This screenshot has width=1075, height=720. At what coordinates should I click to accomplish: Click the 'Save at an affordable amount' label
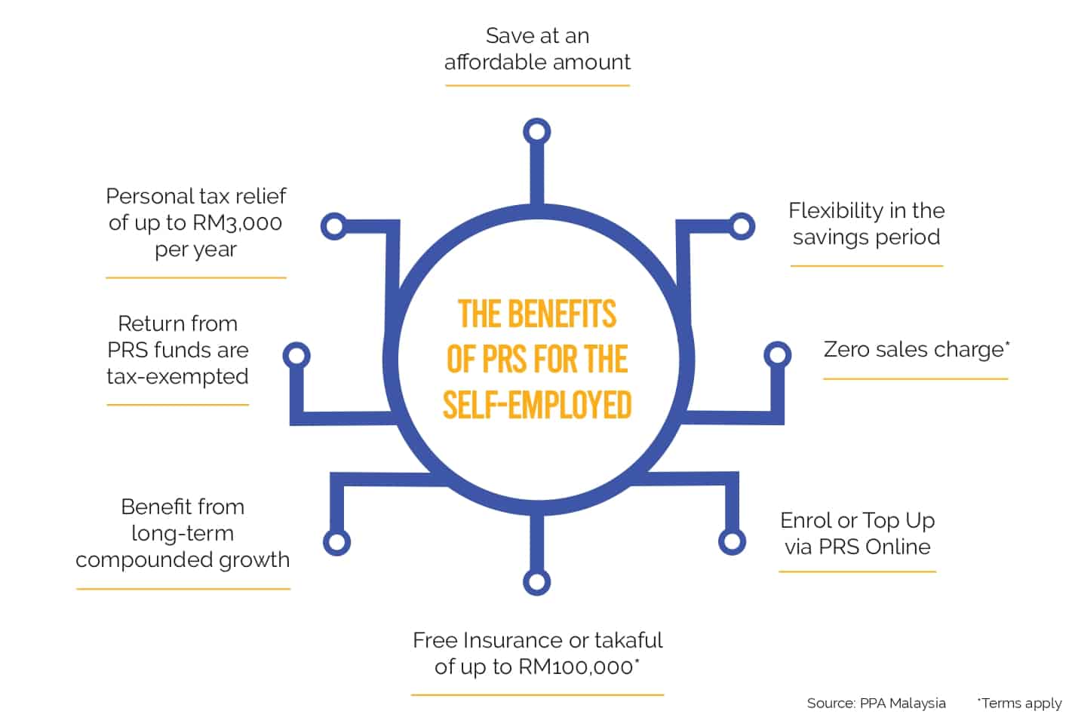coord(537,49)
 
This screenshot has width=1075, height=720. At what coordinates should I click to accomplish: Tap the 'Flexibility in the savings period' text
coord(866,224)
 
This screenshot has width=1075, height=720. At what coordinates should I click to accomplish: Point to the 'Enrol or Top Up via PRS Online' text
coord(857,534)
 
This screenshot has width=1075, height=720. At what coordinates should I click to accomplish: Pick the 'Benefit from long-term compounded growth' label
coord(183,533)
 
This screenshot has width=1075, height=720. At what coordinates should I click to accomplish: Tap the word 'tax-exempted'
coord(177,377)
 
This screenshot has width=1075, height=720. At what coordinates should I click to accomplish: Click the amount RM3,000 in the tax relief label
coord(237,223)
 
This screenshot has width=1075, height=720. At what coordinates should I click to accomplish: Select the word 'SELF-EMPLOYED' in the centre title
coord(537,405)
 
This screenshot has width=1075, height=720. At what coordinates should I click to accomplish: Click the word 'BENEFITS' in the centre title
coord(562,314)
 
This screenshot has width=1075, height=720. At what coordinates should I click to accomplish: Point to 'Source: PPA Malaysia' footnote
coord(876,703)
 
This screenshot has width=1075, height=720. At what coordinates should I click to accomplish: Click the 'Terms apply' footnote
coord(1021,703)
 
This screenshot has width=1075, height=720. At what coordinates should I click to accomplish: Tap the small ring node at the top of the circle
coord(536,132)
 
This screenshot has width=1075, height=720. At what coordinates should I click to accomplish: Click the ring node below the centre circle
coord(536,582)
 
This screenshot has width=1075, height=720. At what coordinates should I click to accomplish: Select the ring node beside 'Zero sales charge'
coord(777,354)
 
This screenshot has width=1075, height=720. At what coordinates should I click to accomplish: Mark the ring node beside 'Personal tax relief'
coord(334,226)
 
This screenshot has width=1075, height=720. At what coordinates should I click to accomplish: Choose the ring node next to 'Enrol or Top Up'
coord(732,541)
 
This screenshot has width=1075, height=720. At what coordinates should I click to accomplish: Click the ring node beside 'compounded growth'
coord(336,542)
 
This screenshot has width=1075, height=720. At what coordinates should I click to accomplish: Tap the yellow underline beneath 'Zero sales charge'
coord(915,378)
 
